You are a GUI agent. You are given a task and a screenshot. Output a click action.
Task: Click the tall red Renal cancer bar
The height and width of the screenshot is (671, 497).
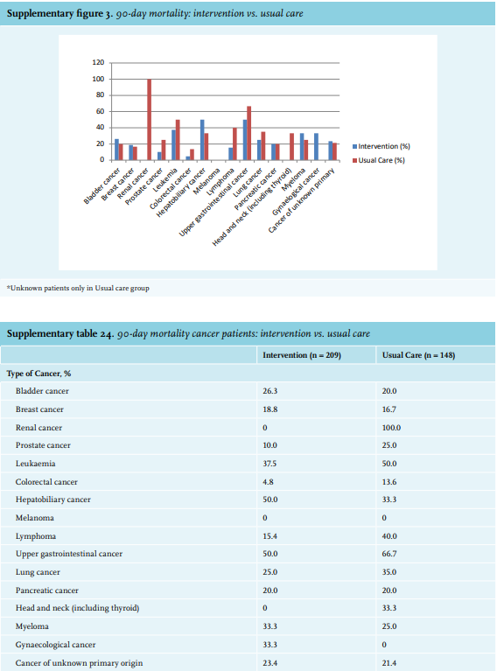coord(150,120)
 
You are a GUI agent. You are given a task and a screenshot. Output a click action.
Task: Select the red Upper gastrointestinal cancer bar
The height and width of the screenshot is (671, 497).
coord(248,133)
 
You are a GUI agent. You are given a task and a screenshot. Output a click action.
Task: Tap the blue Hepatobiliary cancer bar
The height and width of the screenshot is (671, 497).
coord(202,140)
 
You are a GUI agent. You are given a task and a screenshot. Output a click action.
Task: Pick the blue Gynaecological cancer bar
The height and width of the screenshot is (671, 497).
coord(316,147)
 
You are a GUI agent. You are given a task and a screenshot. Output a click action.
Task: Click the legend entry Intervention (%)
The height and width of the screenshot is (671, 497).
coord(381,146)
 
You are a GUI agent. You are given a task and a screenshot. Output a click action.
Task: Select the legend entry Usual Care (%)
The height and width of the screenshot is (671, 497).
coord(378,160)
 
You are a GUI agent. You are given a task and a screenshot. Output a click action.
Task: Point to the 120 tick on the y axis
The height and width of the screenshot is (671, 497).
coord(98,62)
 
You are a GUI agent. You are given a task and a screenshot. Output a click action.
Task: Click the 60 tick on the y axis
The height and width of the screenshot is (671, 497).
coord(100,111)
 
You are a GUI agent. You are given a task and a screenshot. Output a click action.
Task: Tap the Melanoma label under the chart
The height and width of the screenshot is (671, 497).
coord(207,181)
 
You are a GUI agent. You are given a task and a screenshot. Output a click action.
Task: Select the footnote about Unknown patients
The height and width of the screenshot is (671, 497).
coord(78,288)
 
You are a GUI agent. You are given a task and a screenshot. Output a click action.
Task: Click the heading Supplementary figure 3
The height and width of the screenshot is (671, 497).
coord(59,13)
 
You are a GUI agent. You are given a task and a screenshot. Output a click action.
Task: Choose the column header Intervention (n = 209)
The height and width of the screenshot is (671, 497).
coord(302,355)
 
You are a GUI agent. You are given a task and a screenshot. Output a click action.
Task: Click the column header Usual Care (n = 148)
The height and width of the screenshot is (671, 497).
coord(418,355)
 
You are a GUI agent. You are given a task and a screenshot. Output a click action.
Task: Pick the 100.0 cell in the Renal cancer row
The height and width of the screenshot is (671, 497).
coord(391,428)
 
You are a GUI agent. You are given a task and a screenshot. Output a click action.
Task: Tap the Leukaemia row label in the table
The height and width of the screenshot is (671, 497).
coord(36,464)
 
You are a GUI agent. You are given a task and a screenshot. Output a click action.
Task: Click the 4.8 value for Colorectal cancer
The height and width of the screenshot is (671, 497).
coord(268,482)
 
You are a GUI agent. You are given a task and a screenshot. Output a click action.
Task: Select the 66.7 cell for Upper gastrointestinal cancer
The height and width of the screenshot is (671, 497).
coord(389,554)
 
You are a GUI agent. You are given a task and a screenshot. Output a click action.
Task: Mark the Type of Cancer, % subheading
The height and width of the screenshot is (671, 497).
coord(39,374)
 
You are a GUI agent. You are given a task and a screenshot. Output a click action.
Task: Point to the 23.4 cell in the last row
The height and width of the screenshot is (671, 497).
coord(269,663)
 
